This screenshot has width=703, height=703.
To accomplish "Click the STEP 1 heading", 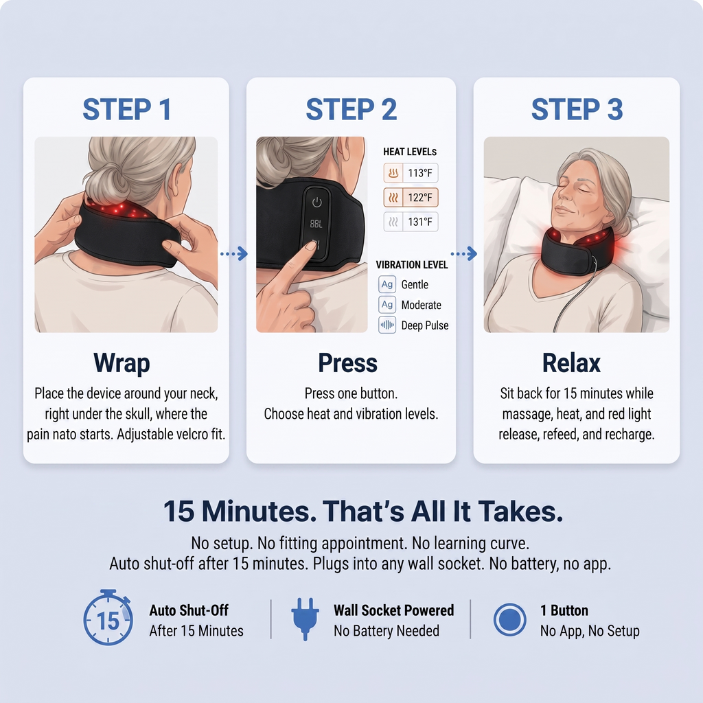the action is click(x=127, y=109).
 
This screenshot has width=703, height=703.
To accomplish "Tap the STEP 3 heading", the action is click(x=577, y=109).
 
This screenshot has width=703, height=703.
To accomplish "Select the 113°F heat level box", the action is click(x=411, y=173).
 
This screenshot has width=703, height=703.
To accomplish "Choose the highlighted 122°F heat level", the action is click(x=411, y=197).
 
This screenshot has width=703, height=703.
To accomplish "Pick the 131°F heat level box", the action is click(x=411, y=222).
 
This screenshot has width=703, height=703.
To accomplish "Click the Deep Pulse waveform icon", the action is click(x=387, y=325).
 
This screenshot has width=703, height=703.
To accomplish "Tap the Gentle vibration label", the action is click(x=415, y=285).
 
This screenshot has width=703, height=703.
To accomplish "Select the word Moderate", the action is click(x=421, y=305).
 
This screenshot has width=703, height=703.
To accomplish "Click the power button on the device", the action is click(x=317, y=203).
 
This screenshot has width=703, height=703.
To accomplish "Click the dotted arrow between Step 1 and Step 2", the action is click(x=234, y=254).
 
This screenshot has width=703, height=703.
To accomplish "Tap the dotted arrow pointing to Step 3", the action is click(x=464, y=254).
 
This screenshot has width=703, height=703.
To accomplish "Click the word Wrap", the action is click(x=122, y=363).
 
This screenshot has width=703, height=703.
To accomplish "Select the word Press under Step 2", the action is click(x=348, y=362).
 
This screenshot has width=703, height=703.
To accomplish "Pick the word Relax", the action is click(x=571, y=362).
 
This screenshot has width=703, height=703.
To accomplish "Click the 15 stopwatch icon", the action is click(x=108, y=618).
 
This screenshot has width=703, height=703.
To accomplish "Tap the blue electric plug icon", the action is click(x=306, y=619).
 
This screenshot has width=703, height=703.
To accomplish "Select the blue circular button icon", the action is click(x=510, y=620).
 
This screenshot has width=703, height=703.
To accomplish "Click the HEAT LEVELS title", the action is click(x=410, y=152).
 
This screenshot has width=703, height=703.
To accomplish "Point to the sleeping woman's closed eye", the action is click(x=582, y=189).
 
